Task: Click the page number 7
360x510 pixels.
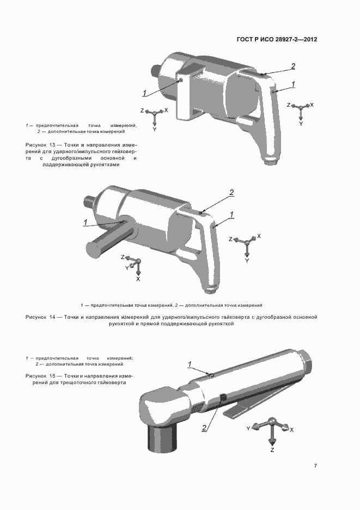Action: click(x=315, y=466)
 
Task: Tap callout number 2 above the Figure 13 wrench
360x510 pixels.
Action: click(x=293, y=66)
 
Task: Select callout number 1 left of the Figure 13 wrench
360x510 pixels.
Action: click(x=144, y=93)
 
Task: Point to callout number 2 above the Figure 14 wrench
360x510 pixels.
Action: click(x=231, y=192)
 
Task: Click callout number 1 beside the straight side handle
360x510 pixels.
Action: click(x=85, y=222)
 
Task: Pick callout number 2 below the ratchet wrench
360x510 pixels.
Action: click(x=204, y=428)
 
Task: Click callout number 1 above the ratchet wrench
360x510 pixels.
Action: click(x=190, y=365)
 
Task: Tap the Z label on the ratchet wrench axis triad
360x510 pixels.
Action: click(x=272, y=450)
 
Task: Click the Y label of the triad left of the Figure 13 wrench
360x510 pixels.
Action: click(x=154, y=129)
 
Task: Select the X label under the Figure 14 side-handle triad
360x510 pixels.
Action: click(x=138, y=279)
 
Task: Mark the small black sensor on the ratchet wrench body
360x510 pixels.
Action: click(x=223, y=397)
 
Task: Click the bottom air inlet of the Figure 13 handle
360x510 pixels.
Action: click(x=270, y=160)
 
